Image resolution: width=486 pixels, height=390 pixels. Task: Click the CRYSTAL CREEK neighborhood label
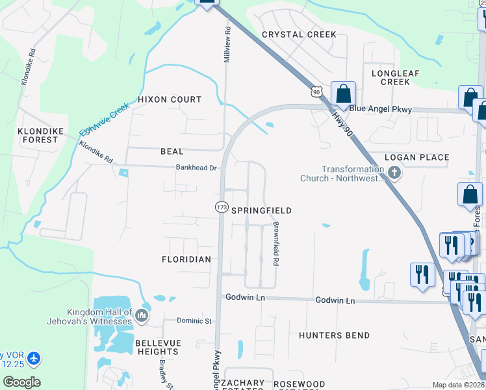(299, 34)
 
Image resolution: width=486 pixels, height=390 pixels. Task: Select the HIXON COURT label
(170, 99)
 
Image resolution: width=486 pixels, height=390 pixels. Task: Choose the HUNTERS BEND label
(335, 335)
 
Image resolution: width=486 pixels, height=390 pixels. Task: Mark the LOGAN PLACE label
(416, 157)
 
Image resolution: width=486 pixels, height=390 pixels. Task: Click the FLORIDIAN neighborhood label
(186, 259)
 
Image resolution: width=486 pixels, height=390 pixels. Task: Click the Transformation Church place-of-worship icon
(394, 173)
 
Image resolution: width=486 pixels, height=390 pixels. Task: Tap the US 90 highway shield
(316, 92)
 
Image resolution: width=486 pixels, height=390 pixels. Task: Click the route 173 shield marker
(221, 207)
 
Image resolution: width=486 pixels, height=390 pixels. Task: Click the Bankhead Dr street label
(196, 167)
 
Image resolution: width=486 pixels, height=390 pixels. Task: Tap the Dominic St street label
(195, 321)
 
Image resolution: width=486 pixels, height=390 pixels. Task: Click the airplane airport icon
(34, 358)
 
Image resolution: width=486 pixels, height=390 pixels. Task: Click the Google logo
(21, 382)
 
